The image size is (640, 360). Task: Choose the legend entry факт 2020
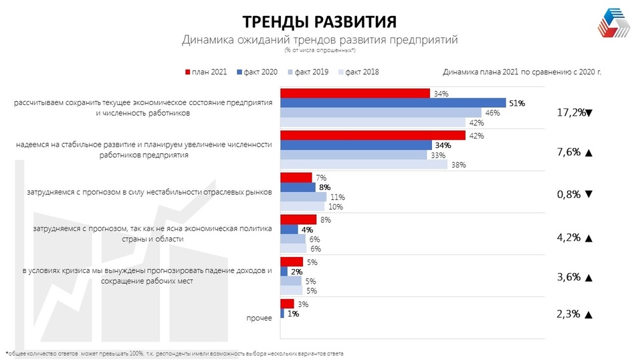tap(258, 72)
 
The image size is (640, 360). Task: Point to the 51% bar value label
tap(518, 104)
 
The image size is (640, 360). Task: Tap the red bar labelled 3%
tap(286, 304)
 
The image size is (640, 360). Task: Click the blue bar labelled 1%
tap(282, 313)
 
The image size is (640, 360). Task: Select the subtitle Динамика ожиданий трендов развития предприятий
tap(319, 39)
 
